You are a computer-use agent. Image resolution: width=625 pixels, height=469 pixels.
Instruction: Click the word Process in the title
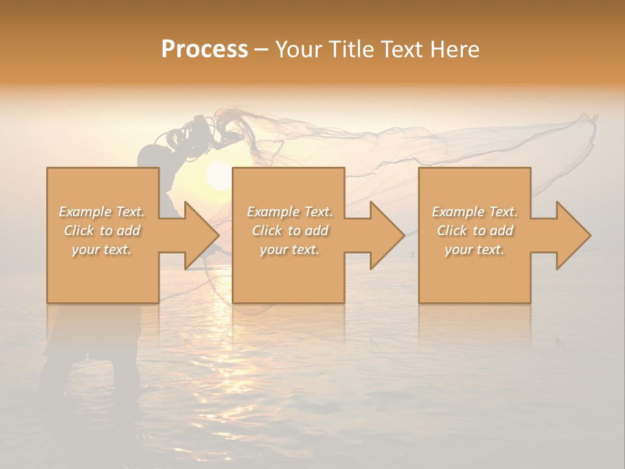coord(204,50)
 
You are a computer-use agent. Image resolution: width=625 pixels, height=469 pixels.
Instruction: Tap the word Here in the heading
coord(455,50)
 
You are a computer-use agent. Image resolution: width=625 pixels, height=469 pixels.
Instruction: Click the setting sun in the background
coord(219,176)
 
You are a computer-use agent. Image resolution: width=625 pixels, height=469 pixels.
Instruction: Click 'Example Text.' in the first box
coord(102,212)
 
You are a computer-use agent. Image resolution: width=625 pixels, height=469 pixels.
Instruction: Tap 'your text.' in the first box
coord(102,249)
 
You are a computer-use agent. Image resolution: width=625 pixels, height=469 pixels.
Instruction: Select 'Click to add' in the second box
coord(290,231)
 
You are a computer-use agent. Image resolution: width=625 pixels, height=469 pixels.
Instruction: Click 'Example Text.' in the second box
coord(290,212)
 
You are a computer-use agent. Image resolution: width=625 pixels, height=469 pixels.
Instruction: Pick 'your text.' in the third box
coord(475,249)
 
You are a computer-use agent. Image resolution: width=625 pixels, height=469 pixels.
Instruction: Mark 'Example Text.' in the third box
coord(475,212)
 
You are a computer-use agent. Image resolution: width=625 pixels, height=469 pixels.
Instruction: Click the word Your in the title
coord(298,50)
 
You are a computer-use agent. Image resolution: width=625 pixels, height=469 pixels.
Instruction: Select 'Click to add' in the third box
coord(475,231)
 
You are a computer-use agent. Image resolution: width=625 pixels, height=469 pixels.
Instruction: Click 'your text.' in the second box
coord(290,249)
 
